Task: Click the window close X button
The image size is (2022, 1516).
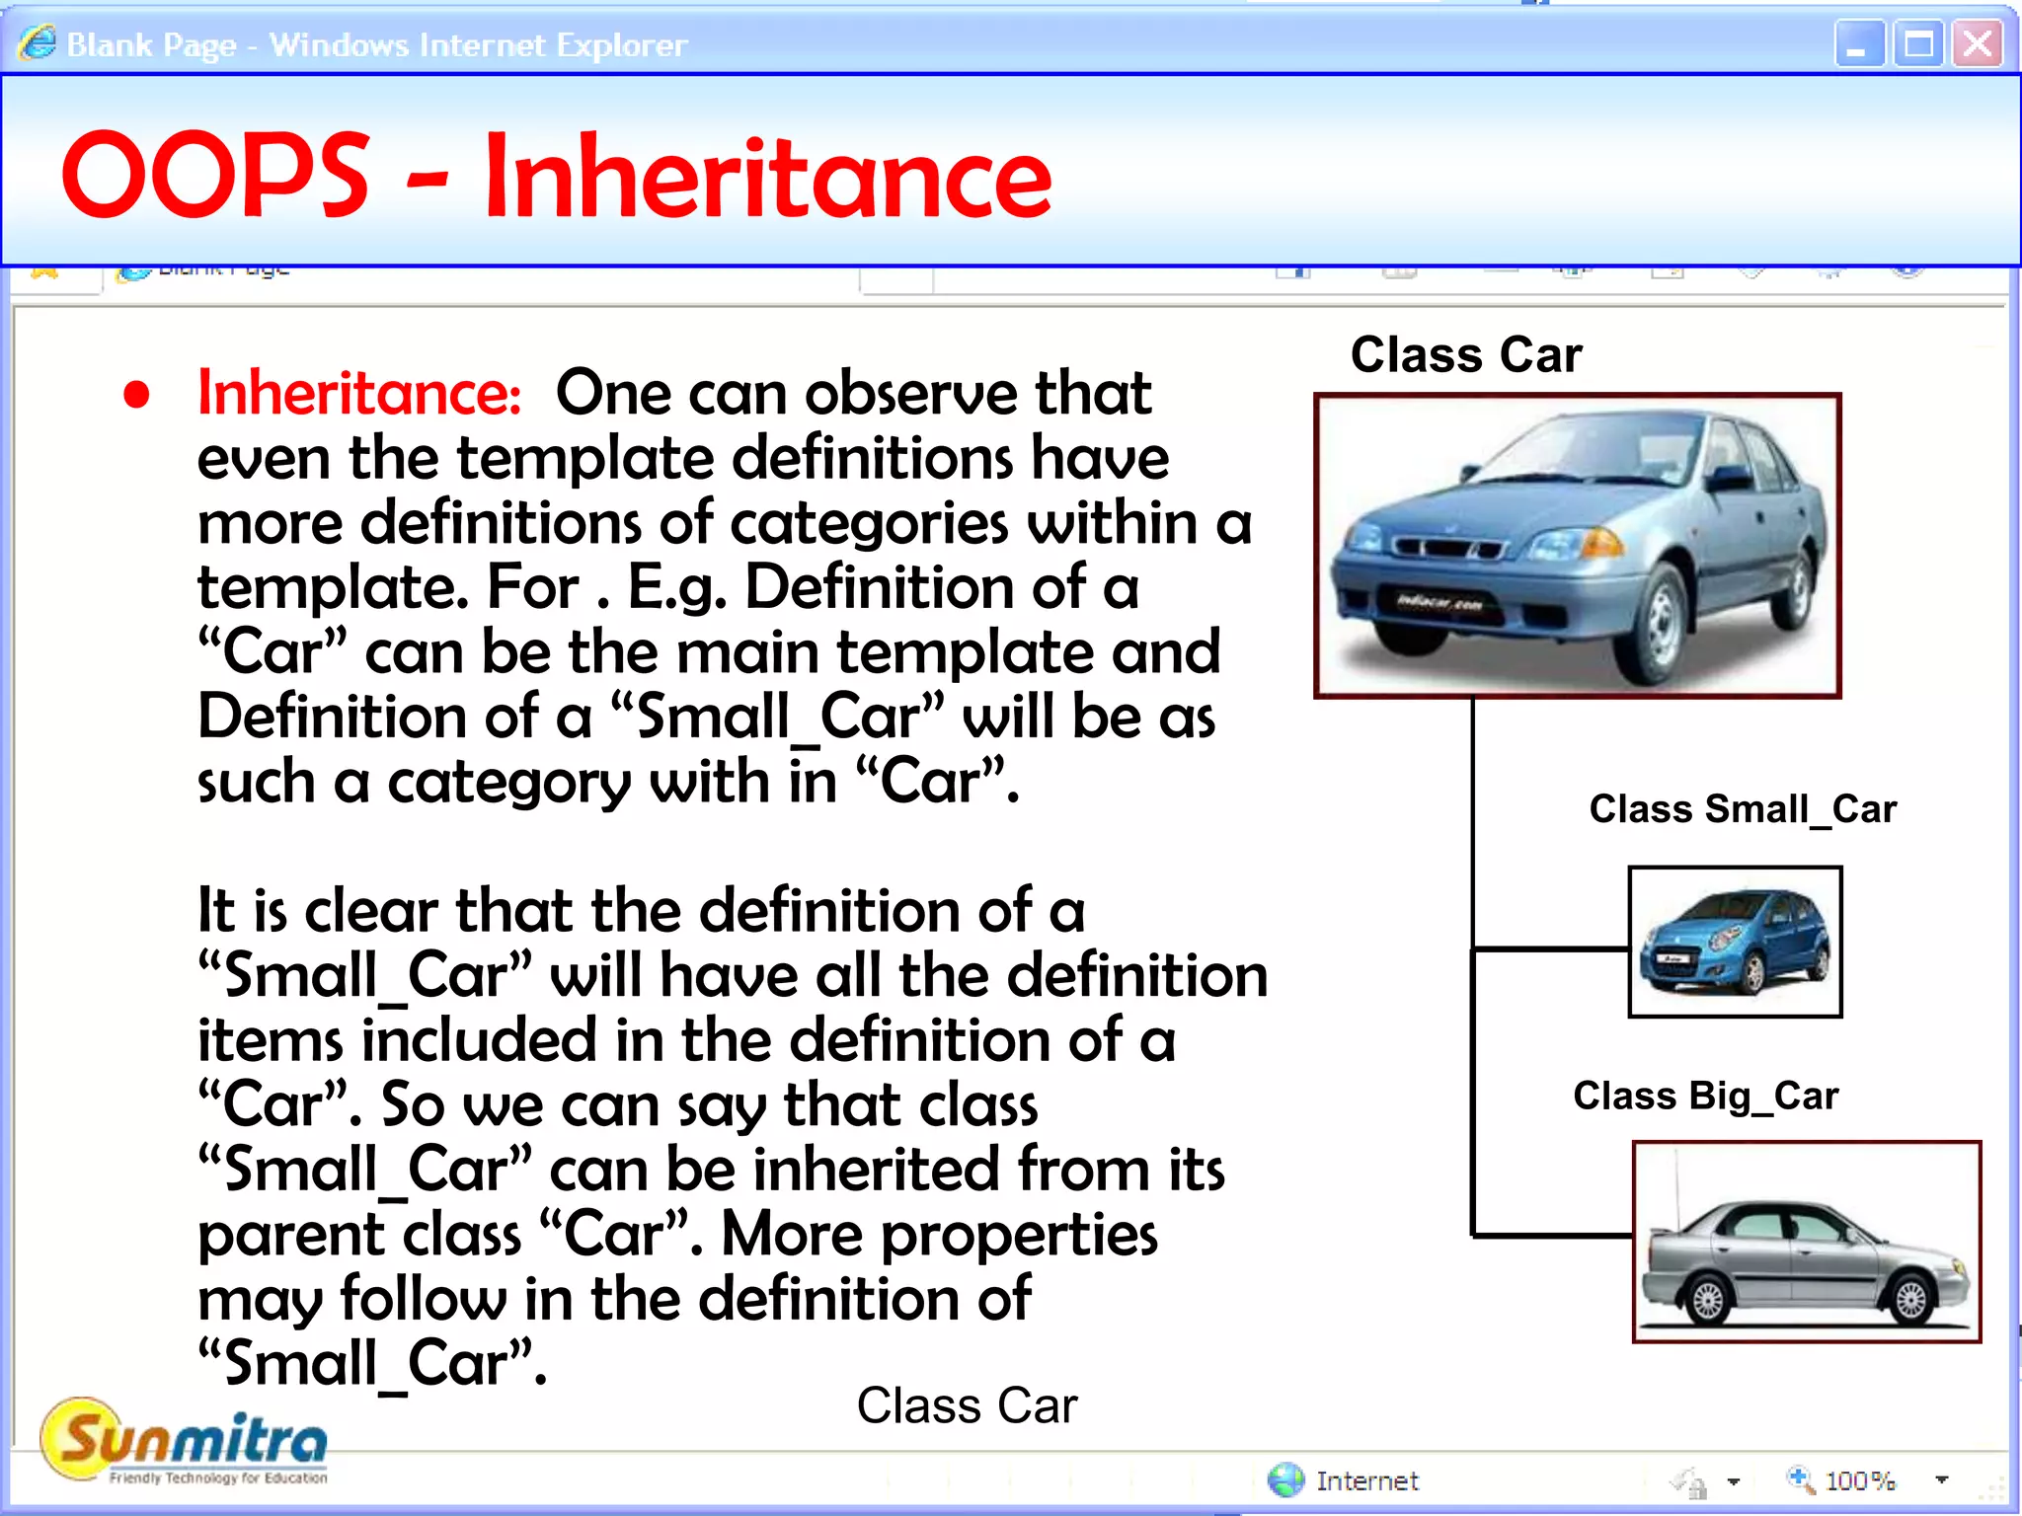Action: [x=1978, y=44]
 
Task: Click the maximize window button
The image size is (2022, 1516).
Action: [x=1918, y=44]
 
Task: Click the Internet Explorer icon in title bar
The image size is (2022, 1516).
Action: [x=37, y=43]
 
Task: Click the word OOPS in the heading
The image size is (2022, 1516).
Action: [x=215, y=176]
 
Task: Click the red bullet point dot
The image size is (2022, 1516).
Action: [x=136, y=395]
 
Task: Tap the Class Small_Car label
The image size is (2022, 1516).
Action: [x=1743, y=809]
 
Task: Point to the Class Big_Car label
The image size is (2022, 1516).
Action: [x=1705, y=1096]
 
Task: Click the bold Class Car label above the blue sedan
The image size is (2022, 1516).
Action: [x=1466, y=354]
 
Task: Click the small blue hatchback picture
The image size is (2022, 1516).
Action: [x=1735, y=942]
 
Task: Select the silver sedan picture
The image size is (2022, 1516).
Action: [x=1806, y=1242]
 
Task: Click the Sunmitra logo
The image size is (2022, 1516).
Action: [x=185, y=1442]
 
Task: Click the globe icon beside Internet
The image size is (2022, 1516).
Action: [x=1285, y=1479]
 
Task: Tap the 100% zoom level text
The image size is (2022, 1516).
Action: [x=1860, y=1480]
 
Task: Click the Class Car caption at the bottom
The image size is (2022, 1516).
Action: [x=967, y=1405]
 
